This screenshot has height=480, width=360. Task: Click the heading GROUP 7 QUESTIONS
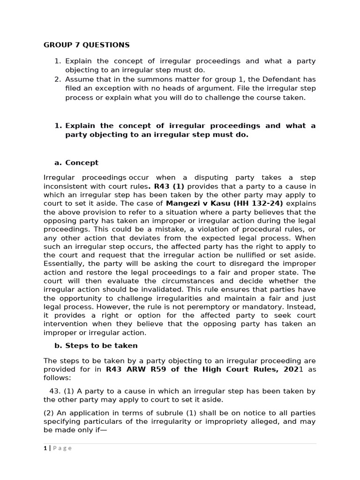86,45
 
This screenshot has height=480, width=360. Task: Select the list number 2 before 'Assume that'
58,79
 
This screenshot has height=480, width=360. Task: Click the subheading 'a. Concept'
76,163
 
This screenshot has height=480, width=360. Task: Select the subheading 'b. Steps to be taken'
96,345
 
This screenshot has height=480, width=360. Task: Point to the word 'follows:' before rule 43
57,377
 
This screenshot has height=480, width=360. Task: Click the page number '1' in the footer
45,448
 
